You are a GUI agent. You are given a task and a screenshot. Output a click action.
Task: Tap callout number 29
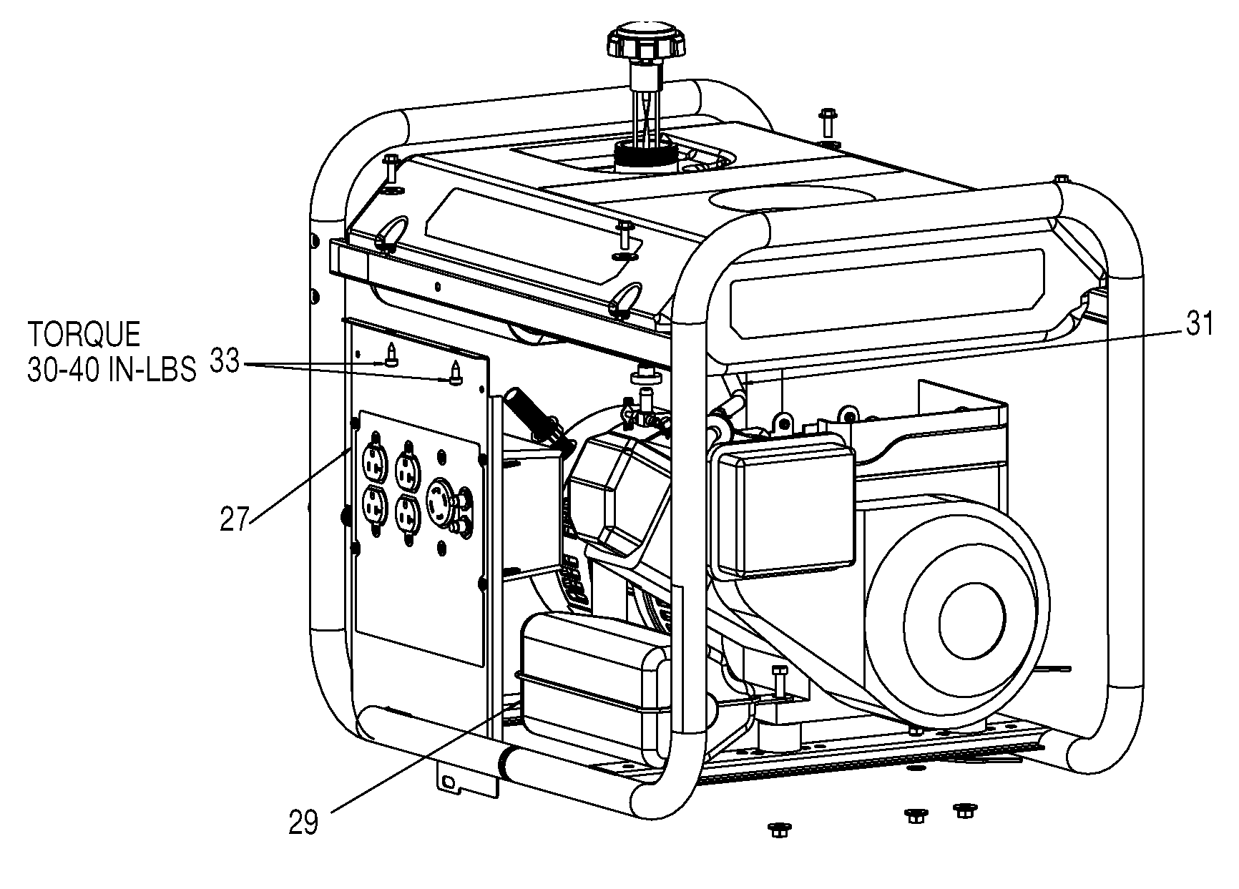(x=303, y=822)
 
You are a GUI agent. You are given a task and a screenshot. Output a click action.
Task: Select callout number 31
(x=1200, y=325)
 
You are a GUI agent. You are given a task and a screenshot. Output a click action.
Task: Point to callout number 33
(x=224, y=362)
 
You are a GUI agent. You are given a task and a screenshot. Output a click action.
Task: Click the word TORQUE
(x=84, y=335)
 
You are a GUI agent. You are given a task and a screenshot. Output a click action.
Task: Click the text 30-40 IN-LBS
(x=112, y=370)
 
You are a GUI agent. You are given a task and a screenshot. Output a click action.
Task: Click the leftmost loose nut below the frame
(x=778, y=830)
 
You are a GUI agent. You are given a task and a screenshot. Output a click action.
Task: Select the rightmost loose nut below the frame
(x=965, y=810)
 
